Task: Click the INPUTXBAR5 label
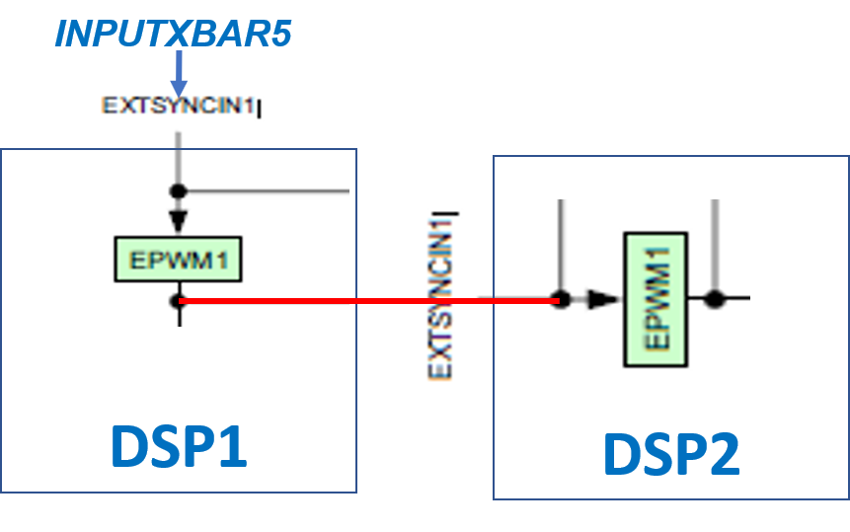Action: pyautogui.click(x=173, y=34)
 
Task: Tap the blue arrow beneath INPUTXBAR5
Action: pyautogui.click(x=178, y=73)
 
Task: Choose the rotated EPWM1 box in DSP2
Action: pyautogui.click(x=656, y=299)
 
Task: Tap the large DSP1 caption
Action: pyautogui.click(x=178, y=446)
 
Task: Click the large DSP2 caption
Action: pyautogui.click(x=671, y=454)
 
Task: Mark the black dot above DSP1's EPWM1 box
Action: pyautogui.click(x=179, y=190)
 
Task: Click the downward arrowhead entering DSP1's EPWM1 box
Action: pyautogui.click(x=179, y=218)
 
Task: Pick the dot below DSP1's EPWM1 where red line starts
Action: pyautogui.click(x=179, y=300)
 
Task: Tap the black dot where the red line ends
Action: pyautogui.click(x=561, y=299)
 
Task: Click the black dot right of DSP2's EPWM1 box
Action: pyautogui.click(x=715, y=298)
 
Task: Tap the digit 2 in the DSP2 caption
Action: pyautogui.click(x=722, y=454)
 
